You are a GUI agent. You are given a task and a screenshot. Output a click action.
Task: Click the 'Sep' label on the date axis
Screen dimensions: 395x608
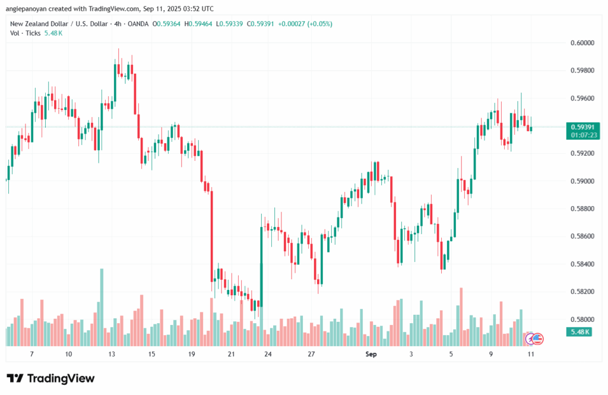click(x=371, y=354)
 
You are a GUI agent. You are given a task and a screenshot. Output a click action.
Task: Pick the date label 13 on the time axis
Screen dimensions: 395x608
click(x=111, y=354)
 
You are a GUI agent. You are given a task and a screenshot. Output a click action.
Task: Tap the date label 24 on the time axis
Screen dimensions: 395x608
click(x=268, y=354)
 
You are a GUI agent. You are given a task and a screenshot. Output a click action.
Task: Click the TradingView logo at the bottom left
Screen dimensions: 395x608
click(x=50, y=378)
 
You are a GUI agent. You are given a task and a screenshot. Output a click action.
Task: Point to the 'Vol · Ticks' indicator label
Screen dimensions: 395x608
click(x=26, y=33)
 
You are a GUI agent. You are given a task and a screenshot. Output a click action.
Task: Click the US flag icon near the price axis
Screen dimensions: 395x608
click(x=537, y=339)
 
